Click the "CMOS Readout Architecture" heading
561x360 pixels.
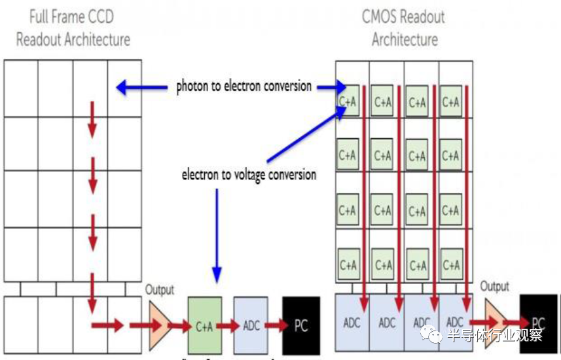[x=404, y=27]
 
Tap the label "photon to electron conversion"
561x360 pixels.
[x=244, y=86]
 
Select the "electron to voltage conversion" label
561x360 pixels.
[x=249, y=175]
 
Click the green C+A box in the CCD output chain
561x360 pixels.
[x=204, y=326]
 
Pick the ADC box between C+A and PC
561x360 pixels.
[x=251, y=326]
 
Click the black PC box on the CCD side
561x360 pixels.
[x=301, y=326]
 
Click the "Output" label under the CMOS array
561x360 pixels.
[x=494, y=287]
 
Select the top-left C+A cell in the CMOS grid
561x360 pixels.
[x=347, y=101]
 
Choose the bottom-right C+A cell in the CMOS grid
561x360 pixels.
[x=450, y=265]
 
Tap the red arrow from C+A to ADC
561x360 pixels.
[x=228, y=326]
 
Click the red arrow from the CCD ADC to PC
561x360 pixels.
[x=275, y=326]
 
